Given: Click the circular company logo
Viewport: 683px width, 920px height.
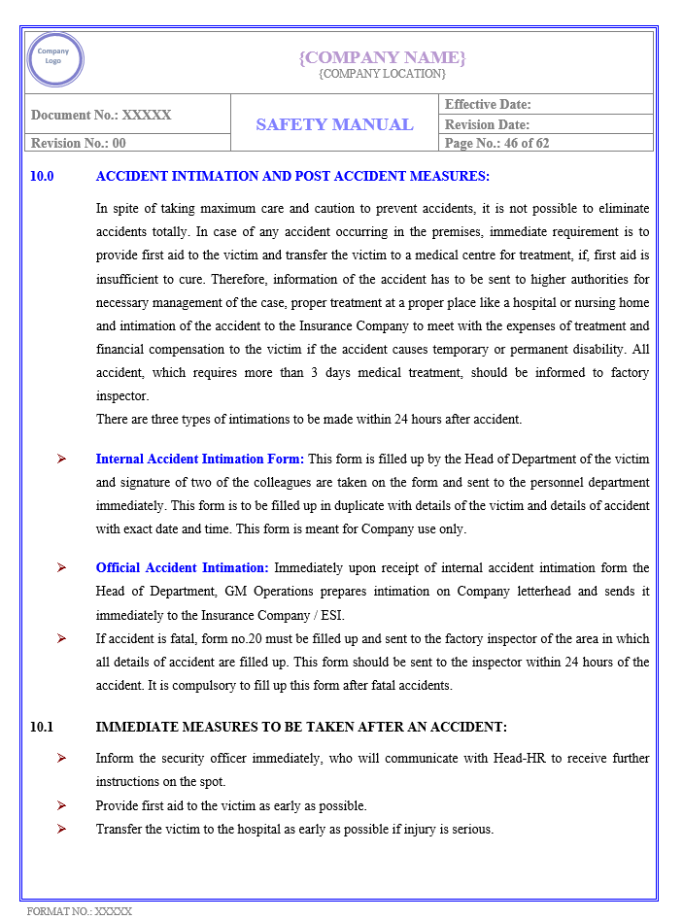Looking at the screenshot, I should (x=55, y=60).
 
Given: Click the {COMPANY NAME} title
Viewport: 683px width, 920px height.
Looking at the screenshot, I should (x=382, y=57).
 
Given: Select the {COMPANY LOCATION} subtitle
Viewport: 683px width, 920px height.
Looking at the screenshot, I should (x=382, y=74).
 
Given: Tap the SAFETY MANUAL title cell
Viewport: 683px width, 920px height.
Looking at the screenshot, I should (x=334, y=124).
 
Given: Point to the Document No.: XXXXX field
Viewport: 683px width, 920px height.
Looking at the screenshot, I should (x=101, y=115).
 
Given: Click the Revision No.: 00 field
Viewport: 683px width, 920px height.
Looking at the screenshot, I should (x=79, y=143).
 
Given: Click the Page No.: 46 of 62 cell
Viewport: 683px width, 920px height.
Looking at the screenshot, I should (x=496, y=143).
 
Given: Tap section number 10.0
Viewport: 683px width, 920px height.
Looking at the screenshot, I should (x=43, y=177).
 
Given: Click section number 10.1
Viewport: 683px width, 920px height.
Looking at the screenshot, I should (x=43, y=727).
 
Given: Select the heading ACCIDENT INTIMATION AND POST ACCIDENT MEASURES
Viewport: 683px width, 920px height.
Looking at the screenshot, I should (x=292, y=177).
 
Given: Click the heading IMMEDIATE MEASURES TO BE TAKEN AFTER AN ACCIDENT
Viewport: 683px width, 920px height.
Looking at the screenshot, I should (x=301, y=727).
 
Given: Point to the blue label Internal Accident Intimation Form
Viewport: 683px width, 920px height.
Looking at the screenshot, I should (x=199, y=459).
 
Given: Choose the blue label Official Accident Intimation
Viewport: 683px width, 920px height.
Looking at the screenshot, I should (x=182, y=567).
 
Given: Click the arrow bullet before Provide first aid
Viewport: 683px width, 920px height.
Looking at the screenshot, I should (x=61, y=805).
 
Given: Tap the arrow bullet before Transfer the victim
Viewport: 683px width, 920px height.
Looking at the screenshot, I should (x=61, y=829).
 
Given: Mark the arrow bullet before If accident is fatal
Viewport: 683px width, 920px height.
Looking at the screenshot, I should (x=61, y=638).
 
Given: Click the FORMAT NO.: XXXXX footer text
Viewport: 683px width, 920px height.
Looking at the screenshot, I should (x=79, y=911).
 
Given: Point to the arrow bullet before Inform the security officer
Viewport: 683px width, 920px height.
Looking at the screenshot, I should (x=61, y=758).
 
